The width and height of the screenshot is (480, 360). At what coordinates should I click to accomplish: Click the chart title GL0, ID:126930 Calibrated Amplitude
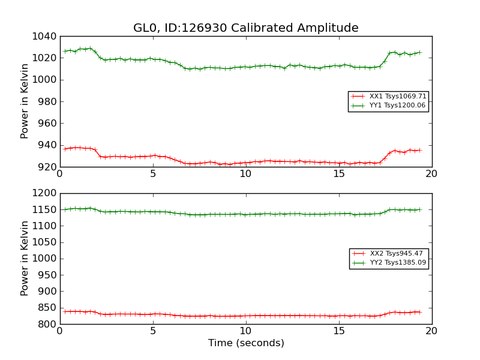pos(245,28)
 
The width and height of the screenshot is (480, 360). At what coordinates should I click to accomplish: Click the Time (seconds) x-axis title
pos(246,343)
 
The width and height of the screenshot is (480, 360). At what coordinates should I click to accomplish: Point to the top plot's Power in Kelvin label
pos(25,101)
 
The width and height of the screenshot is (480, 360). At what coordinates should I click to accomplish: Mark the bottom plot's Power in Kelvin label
pos(25,258)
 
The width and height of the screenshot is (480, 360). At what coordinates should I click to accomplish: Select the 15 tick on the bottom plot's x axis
pos(339,331)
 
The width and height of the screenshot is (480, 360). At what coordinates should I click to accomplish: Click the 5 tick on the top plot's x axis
pos(153,174)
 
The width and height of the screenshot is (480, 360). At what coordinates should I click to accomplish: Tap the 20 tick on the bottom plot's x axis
pos(431,331)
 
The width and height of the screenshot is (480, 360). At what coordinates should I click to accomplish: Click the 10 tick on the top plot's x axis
pos(246,174)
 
